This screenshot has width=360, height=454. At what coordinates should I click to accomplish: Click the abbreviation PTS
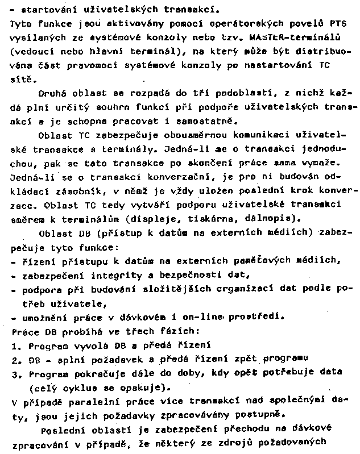point(338,24)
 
